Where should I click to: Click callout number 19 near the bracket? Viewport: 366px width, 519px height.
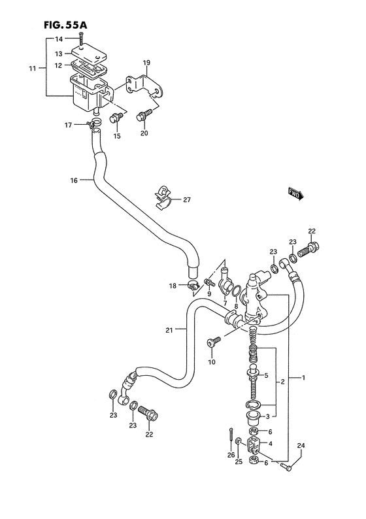pyautogui.click(x=146, y=62)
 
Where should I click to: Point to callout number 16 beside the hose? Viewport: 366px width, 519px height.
pyautogui.click(x=73, y=180)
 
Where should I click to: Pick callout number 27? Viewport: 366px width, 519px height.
pyautogui.click(x=187, y=200)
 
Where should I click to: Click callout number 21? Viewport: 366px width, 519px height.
pyautogui.click(x=169, y=330)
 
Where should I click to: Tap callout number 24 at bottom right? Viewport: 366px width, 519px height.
pyautogui.click(x=301, y=446)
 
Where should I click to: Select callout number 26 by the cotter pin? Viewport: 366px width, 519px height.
pyautogui.click(x=231, y=455)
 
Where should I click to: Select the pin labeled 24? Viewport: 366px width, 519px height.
pyautogui.click(x=288, y=465)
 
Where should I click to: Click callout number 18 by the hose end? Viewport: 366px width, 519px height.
pyautogui.click(x=173, y=285)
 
